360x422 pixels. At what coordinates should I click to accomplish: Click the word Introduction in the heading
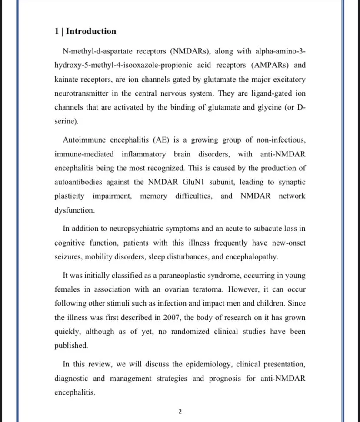[x=91, y=31]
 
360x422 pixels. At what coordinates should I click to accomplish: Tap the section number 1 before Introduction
[x=57, y=31]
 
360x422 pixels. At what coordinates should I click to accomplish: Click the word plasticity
[x=70, y=196]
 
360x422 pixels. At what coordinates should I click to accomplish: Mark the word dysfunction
[x=74, y=210]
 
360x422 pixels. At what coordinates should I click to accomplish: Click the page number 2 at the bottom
[x=180, y=412]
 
